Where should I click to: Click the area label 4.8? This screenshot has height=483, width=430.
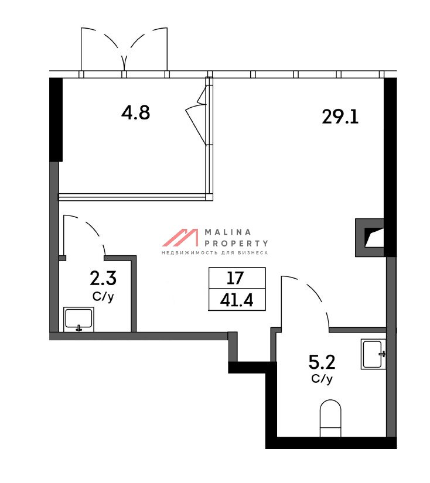[136, 112]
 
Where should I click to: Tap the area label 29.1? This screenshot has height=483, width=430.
[340, 117]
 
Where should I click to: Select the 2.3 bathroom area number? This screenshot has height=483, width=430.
[103, 278]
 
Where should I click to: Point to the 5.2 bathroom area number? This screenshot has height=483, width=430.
[322, 362]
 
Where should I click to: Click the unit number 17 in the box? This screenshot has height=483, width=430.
[235, 278]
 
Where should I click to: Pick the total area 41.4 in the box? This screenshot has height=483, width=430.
[237, 300]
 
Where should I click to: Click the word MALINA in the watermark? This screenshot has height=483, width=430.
[228, 232]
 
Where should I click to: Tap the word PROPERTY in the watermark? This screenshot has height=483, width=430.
[237, 244]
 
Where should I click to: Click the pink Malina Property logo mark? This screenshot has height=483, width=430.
[180, 238]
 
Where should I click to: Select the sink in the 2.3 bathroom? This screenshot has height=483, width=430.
[79, 320]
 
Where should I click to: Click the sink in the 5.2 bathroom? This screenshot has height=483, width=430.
[374, 354]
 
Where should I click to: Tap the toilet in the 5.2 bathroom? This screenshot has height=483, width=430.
[330, 418]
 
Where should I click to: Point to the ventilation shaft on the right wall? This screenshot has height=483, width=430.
[370, 238]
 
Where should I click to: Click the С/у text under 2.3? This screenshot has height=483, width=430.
[103, 297]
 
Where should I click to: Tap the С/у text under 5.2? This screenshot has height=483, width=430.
[322, 379]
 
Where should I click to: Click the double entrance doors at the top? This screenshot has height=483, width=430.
[124, 49]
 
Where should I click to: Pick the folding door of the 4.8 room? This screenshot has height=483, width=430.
[197, 115]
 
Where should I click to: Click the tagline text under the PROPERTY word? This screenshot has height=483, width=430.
[215, 253]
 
